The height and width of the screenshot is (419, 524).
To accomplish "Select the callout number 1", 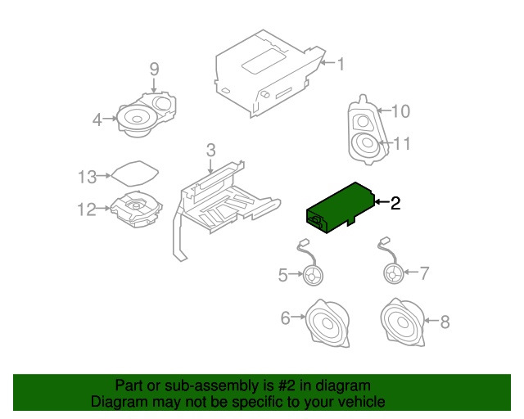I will pos(341,63).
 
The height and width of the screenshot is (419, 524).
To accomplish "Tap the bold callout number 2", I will pos(395,204).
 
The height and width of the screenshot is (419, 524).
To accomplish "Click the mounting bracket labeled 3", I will pos(221,200).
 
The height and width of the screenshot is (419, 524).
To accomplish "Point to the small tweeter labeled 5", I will pos(312,276).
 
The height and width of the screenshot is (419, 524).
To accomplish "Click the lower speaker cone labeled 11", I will pos(366,146).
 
